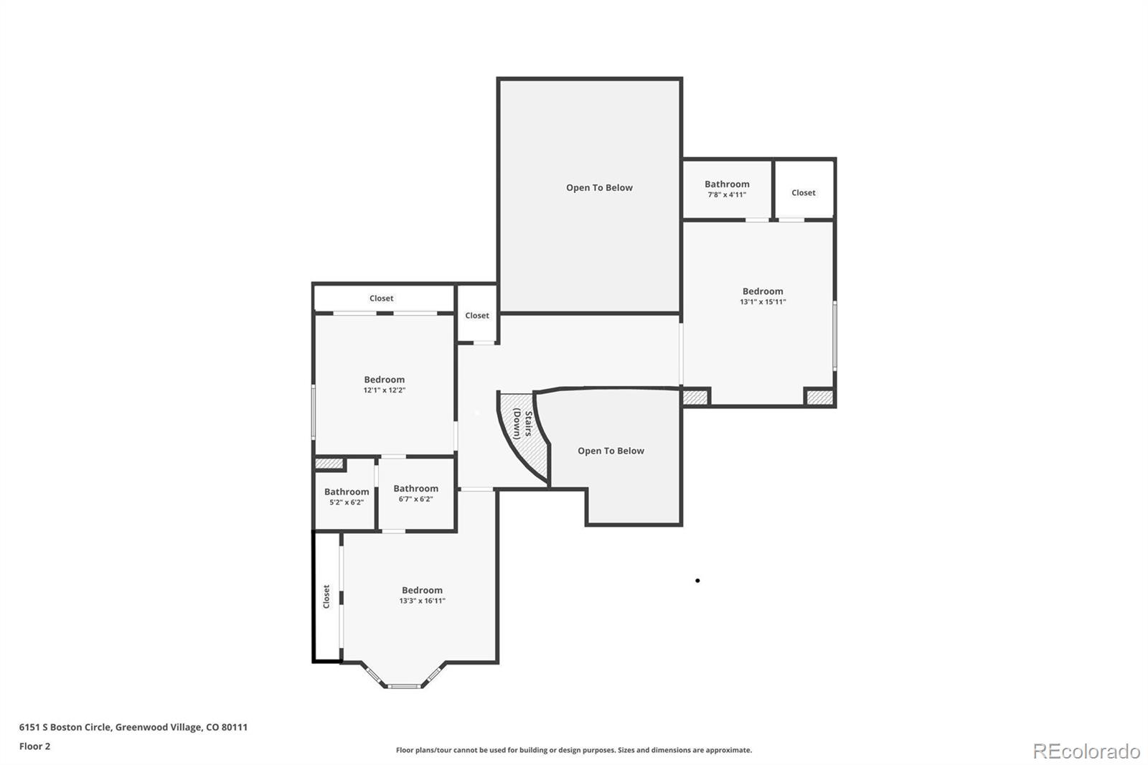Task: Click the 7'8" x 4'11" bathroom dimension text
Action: (x=727, y=195)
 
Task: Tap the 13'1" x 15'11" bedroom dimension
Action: (x=763, y=302)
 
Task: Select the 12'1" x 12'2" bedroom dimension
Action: (x=385, y=390)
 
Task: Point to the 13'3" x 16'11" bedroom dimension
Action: (x=423, y=601)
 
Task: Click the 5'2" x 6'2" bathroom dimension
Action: (x=347, y=502)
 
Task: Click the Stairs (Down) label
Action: (x=523, y=424)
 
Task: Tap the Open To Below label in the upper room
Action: (x=599, y=187)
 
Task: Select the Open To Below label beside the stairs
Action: (x=611, y=451)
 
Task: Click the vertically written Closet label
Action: (x=326, y=597)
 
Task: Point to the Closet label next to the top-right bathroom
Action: (x=803, y=193)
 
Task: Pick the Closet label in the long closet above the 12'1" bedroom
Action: (x=381, y=299)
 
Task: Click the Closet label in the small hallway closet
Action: (x=477, y=316)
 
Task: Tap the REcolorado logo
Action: (x=1086, y=751)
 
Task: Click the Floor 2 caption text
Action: (x=35, y=746)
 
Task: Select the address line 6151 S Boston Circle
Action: (x=133, y=727)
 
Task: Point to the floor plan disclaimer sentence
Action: (x=574, y=750)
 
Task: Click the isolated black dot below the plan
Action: (x=697, y=581)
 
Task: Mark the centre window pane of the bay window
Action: (x=404, y=686)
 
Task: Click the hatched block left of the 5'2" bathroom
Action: (x=329, y=464)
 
